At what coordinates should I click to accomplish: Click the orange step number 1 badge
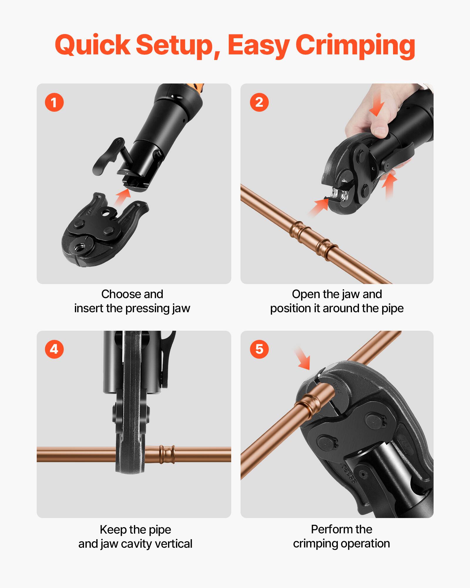pyautogui.click(x=54, y=103)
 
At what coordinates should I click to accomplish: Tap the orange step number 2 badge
pyautogui.click(x=259, y=103)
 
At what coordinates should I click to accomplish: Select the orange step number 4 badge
pyautogui.click(x=54, y=349)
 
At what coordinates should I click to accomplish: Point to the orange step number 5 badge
pyautogui.click(x=259, y=349)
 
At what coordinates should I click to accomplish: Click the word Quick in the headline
pyautogui.click(x=92, y=46)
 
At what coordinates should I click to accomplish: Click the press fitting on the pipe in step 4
pyautogui.click(x=167, y=455)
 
